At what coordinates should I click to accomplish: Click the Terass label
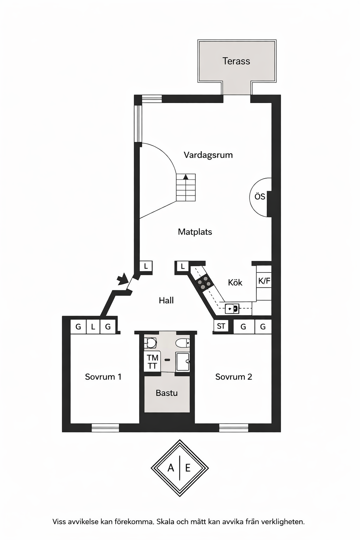236,61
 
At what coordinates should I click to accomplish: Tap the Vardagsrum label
208,155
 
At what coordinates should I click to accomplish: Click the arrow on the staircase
185,177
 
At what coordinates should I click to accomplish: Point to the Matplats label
195,232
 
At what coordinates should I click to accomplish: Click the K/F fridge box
264,281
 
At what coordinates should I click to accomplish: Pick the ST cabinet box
221,326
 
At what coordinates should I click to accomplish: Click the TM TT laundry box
153,362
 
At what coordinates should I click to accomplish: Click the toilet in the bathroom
183,342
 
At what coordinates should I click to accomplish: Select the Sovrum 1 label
103,377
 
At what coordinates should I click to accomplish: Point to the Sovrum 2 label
234,377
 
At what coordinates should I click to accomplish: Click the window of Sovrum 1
105,427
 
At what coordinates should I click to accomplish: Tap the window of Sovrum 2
234,427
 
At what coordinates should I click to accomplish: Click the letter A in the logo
171,468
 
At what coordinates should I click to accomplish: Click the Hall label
166,300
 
